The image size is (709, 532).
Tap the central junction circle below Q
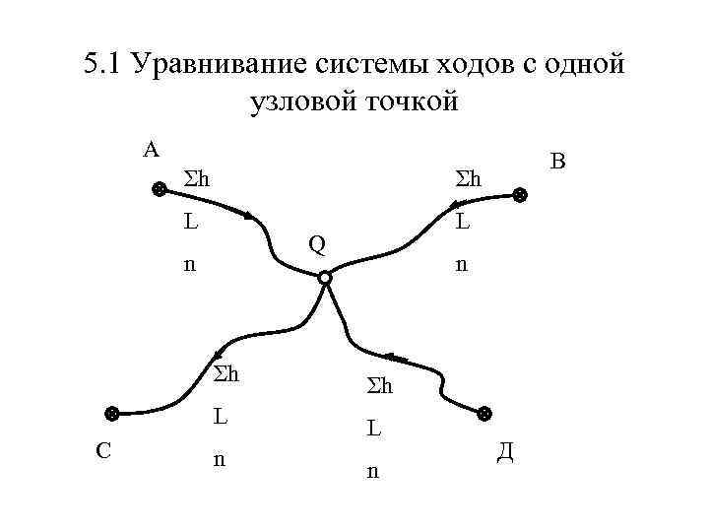click(325, 279)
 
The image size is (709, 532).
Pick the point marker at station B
click(520, 197)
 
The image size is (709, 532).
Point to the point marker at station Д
click(483, 414)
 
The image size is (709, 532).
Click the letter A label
click(150, 150)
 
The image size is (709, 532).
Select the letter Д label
click(503, 452)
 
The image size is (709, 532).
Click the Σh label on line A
click(200, 179)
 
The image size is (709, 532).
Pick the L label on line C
click(223, 417)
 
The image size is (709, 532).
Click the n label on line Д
click(371, 472)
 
